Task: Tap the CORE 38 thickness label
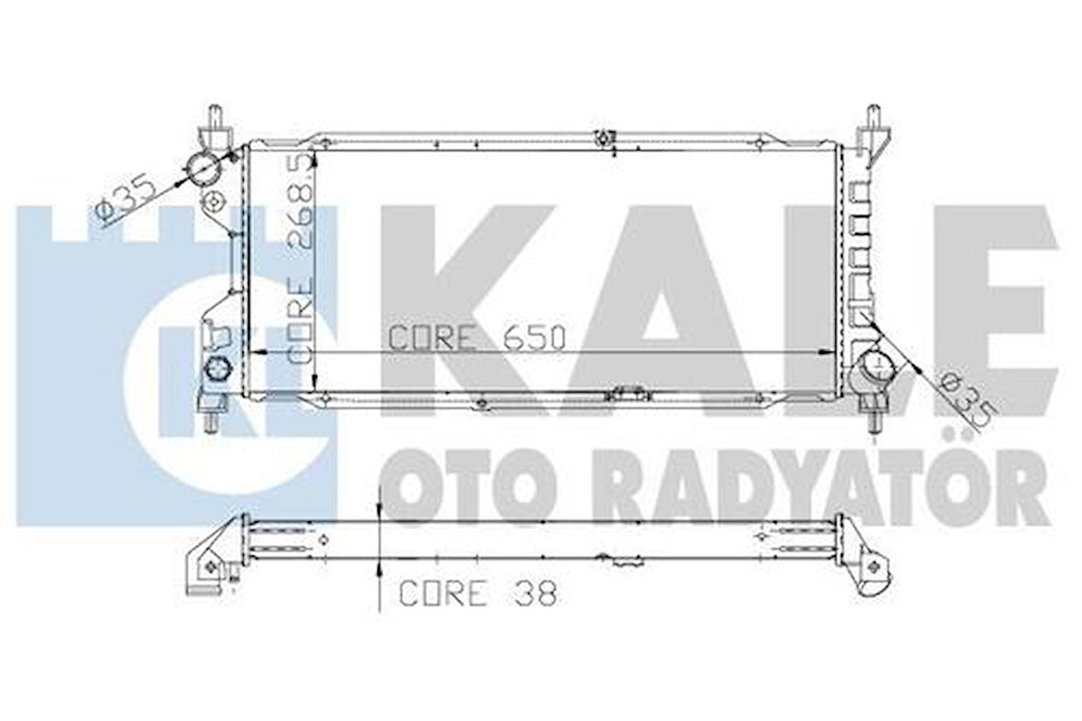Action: tap(477, 593)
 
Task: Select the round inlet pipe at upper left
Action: tap(203, 169)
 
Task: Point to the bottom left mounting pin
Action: tap(211, 421)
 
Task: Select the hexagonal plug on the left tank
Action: tap(216, 369)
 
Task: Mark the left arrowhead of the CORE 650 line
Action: tap(259, 352)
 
